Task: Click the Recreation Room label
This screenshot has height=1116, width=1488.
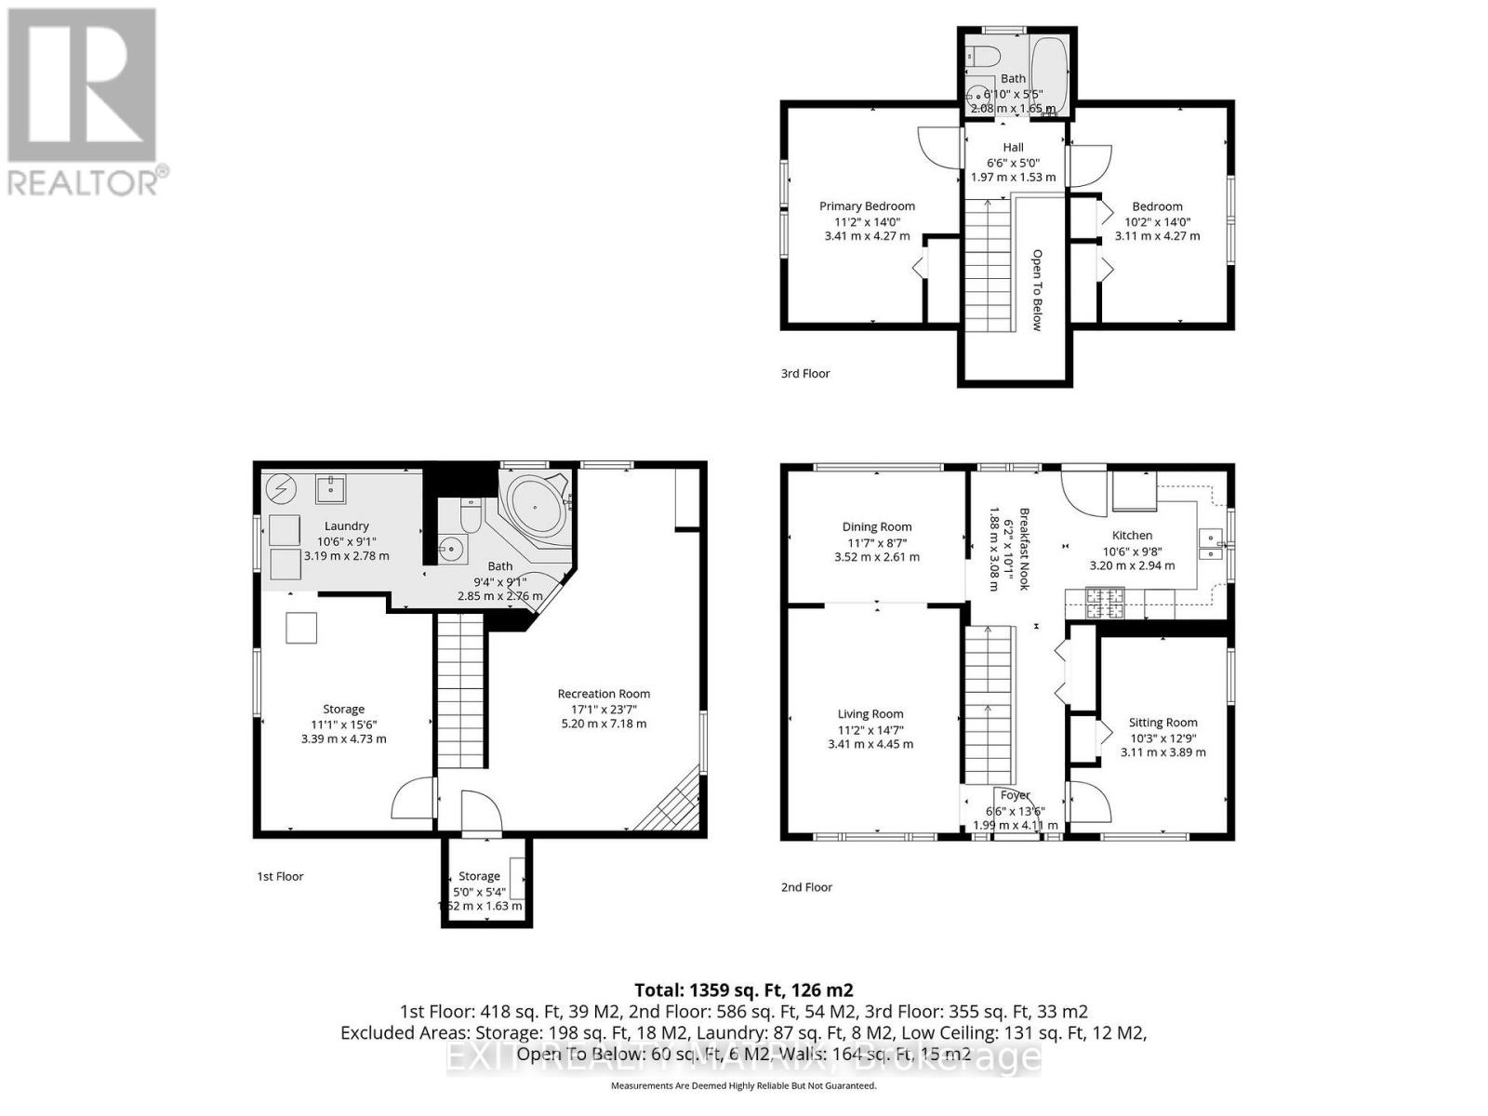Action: (604, 694)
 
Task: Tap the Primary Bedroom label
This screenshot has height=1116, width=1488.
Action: (867, 206)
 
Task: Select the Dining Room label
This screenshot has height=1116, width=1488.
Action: (877, 526)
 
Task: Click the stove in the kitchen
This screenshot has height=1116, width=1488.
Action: (1104, 602)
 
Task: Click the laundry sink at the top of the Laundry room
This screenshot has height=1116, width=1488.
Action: (330, 487)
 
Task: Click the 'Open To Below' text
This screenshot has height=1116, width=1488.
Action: (1037, 289)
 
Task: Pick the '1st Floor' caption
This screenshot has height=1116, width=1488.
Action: (280, 876)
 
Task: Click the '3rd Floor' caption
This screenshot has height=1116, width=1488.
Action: (805, 374)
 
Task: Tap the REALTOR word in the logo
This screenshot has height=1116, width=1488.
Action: (84, 180)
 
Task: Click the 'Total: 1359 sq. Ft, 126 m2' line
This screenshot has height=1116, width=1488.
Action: (743, 990)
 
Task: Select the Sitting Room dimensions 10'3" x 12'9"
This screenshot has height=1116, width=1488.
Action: (1162, 737)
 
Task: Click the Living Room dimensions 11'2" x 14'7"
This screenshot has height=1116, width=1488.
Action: (870, 730)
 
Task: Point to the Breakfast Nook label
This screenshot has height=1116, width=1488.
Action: (1024, 549)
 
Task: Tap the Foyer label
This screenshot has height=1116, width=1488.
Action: (1015, 795)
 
